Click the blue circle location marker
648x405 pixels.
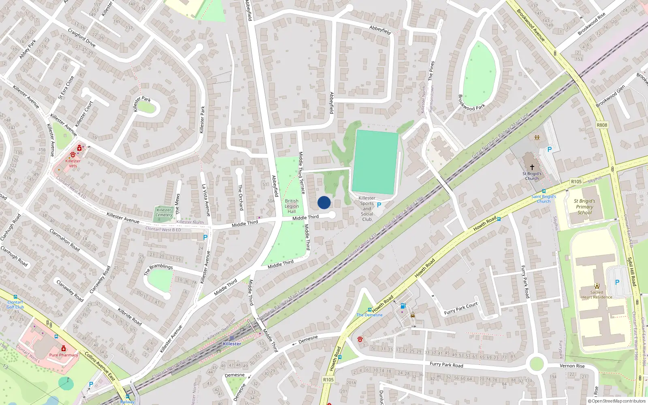(324, 202)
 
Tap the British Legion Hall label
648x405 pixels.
(292, 206)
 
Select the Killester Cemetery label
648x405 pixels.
(164, 212)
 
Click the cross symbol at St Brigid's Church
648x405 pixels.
(532, 167)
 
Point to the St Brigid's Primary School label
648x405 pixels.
(584, 207)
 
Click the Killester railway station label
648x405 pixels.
(232, 343)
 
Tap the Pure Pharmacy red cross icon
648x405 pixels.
(64, 348)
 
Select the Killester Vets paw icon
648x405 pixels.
(73, 155)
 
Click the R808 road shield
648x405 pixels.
(602, 125)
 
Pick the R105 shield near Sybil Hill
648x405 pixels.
(576, 182)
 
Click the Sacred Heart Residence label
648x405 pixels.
(597, 294)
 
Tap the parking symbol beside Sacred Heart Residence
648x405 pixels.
(617, 282)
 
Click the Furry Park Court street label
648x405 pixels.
(461, 309)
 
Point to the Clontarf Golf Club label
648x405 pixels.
(15, 305)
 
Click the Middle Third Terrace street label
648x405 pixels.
(302, 173)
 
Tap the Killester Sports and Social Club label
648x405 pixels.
(367, 209)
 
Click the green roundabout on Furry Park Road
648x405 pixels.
(537, 364)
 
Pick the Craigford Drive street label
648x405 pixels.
(81, 38)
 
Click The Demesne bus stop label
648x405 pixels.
(369, 315)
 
